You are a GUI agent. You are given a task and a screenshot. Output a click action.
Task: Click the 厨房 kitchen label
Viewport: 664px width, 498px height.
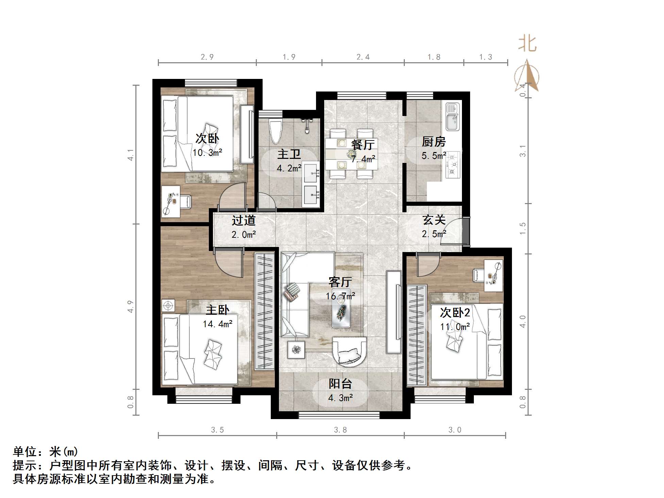point(433,142)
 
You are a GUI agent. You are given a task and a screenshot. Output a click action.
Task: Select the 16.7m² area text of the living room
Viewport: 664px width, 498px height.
point(340,296)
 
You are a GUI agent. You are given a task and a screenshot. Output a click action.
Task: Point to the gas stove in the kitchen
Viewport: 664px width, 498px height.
point(453,165)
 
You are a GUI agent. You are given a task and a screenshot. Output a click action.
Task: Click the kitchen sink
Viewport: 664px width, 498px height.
point(452,117)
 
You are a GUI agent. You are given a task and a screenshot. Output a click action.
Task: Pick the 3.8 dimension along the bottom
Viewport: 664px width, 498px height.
point(340,430)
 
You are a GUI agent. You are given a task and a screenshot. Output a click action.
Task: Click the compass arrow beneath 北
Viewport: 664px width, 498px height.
point(527,76)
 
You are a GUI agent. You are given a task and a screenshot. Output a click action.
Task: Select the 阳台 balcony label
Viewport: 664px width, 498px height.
point(340,384)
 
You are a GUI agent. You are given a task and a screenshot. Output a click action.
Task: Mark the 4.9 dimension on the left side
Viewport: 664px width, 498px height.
point(130,306)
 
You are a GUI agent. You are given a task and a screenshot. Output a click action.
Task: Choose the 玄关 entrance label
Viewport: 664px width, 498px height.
point(434,220)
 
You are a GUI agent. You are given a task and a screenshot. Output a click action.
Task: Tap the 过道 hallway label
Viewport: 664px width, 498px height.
point(244,220)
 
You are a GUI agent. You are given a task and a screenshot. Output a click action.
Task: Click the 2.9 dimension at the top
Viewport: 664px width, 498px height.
point(207,57)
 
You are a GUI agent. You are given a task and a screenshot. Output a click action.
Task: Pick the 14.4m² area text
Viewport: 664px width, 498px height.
point(218,324)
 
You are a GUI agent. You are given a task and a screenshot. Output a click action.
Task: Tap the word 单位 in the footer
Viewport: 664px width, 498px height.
point(24,452)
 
